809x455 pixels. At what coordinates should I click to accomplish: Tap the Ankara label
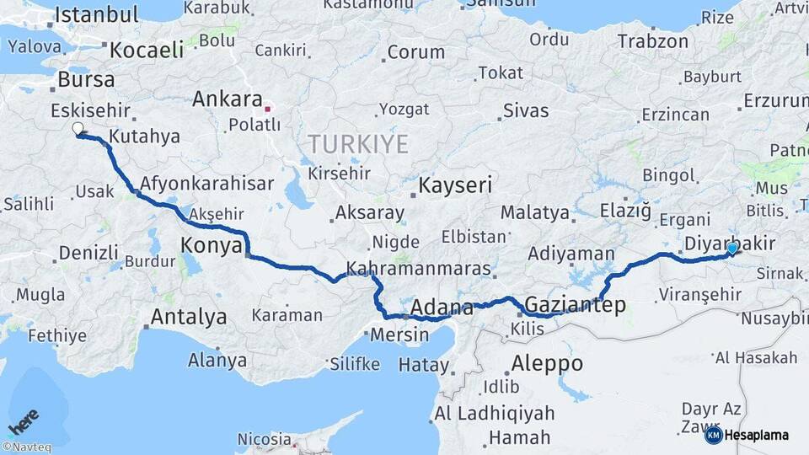[227, 99]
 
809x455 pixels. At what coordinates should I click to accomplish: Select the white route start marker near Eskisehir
[78, 129]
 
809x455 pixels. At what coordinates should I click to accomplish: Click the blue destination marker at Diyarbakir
[732, 248]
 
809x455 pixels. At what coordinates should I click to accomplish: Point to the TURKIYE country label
[358, 143]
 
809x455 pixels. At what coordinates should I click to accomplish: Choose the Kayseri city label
[455, 185]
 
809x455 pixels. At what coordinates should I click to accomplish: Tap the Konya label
[212, 245]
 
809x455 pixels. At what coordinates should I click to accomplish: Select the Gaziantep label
[576, 304]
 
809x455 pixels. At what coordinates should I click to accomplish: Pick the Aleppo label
[547, 363]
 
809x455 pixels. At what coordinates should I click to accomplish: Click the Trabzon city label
[652, 40]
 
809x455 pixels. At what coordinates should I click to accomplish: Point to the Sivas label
[526, 110]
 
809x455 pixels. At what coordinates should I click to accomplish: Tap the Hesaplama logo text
[756, 435]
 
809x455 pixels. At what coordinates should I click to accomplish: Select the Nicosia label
[264, 438]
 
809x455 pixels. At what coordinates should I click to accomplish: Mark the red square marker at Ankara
[268, 109]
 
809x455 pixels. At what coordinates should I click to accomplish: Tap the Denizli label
[89, 252]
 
